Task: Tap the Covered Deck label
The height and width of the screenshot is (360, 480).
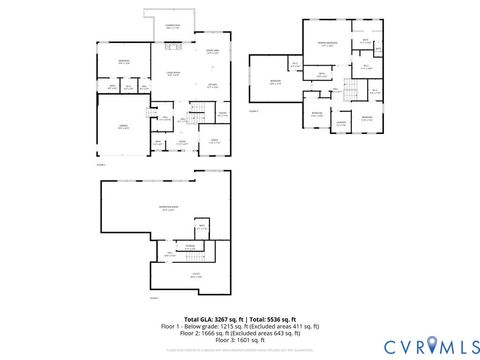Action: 172,27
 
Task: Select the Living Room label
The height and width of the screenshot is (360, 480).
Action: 173,72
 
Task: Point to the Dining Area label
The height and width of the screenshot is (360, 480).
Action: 212,51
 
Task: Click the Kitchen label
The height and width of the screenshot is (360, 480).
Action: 212,87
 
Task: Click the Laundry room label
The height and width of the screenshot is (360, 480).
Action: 340,124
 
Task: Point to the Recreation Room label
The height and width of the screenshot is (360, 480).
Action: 168,208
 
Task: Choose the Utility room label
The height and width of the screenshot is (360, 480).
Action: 196,276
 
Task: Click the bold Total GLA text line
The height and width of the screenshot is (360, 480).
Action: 239,317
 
